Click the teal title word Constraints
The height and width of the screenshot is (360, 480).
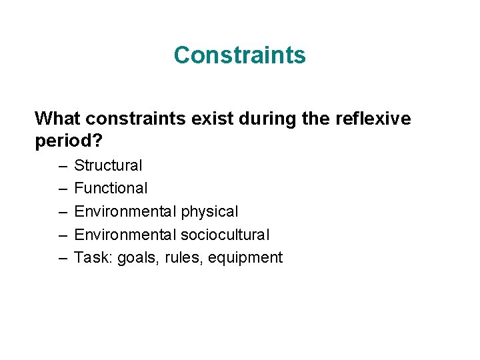(x=239, y=55)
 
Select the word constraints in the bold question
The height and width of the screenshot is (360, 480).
(x=127, y=119)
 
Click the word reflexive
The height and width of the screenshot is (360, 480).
(x=367, y=119)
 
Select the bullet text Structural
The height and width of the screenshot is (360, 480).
(x=108, y=165)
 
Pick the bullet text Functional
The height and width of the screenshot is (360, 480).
(x=111, y=188)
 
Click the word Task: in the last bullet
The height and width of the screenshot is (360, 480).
(x=93, y=257)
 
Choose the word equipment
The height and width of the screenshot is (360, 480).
(x=245, y=258)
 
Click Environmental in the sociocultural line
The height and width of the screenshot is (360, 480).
(x=124, y=235)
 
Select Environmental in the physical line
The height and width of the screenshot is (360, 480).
(x=124, y=211)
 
